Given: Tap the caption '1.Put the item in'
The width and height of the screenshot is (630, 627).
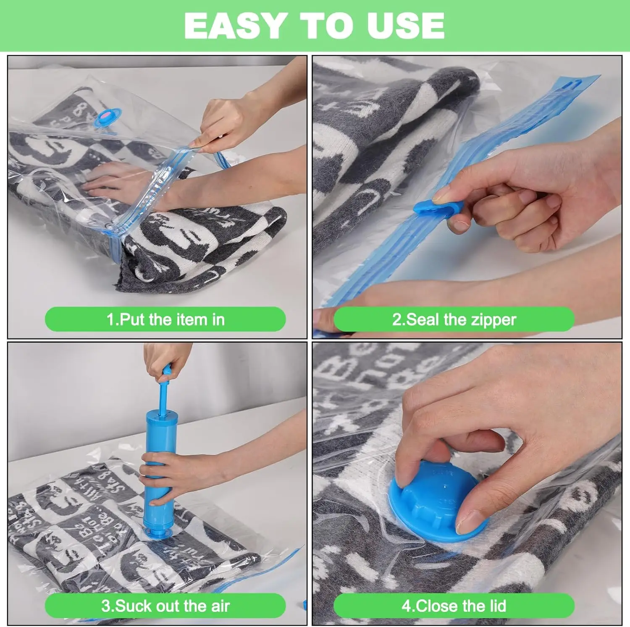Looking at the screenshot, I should [165, 320].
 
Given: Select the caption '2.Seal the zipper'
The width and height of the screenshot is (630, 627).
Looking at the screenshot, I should [454, 320].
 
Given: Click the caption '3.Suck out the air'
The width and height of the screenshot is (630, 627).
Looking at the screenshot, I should [165, 606].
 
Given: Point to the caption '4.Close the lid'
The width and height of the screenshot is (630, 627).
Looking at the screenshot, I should [454, 606].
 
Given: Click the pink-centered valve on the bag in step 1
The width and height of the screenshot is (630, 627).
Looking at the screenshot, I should [108, 116].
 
